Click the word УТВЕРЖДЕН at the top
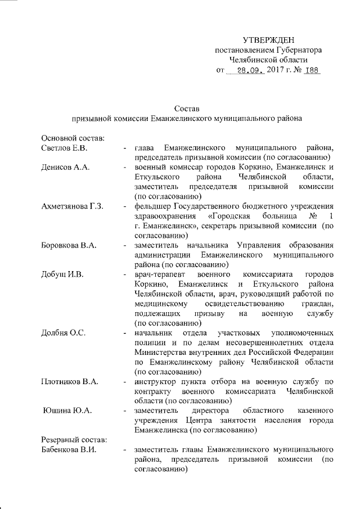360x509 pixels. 268,39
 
